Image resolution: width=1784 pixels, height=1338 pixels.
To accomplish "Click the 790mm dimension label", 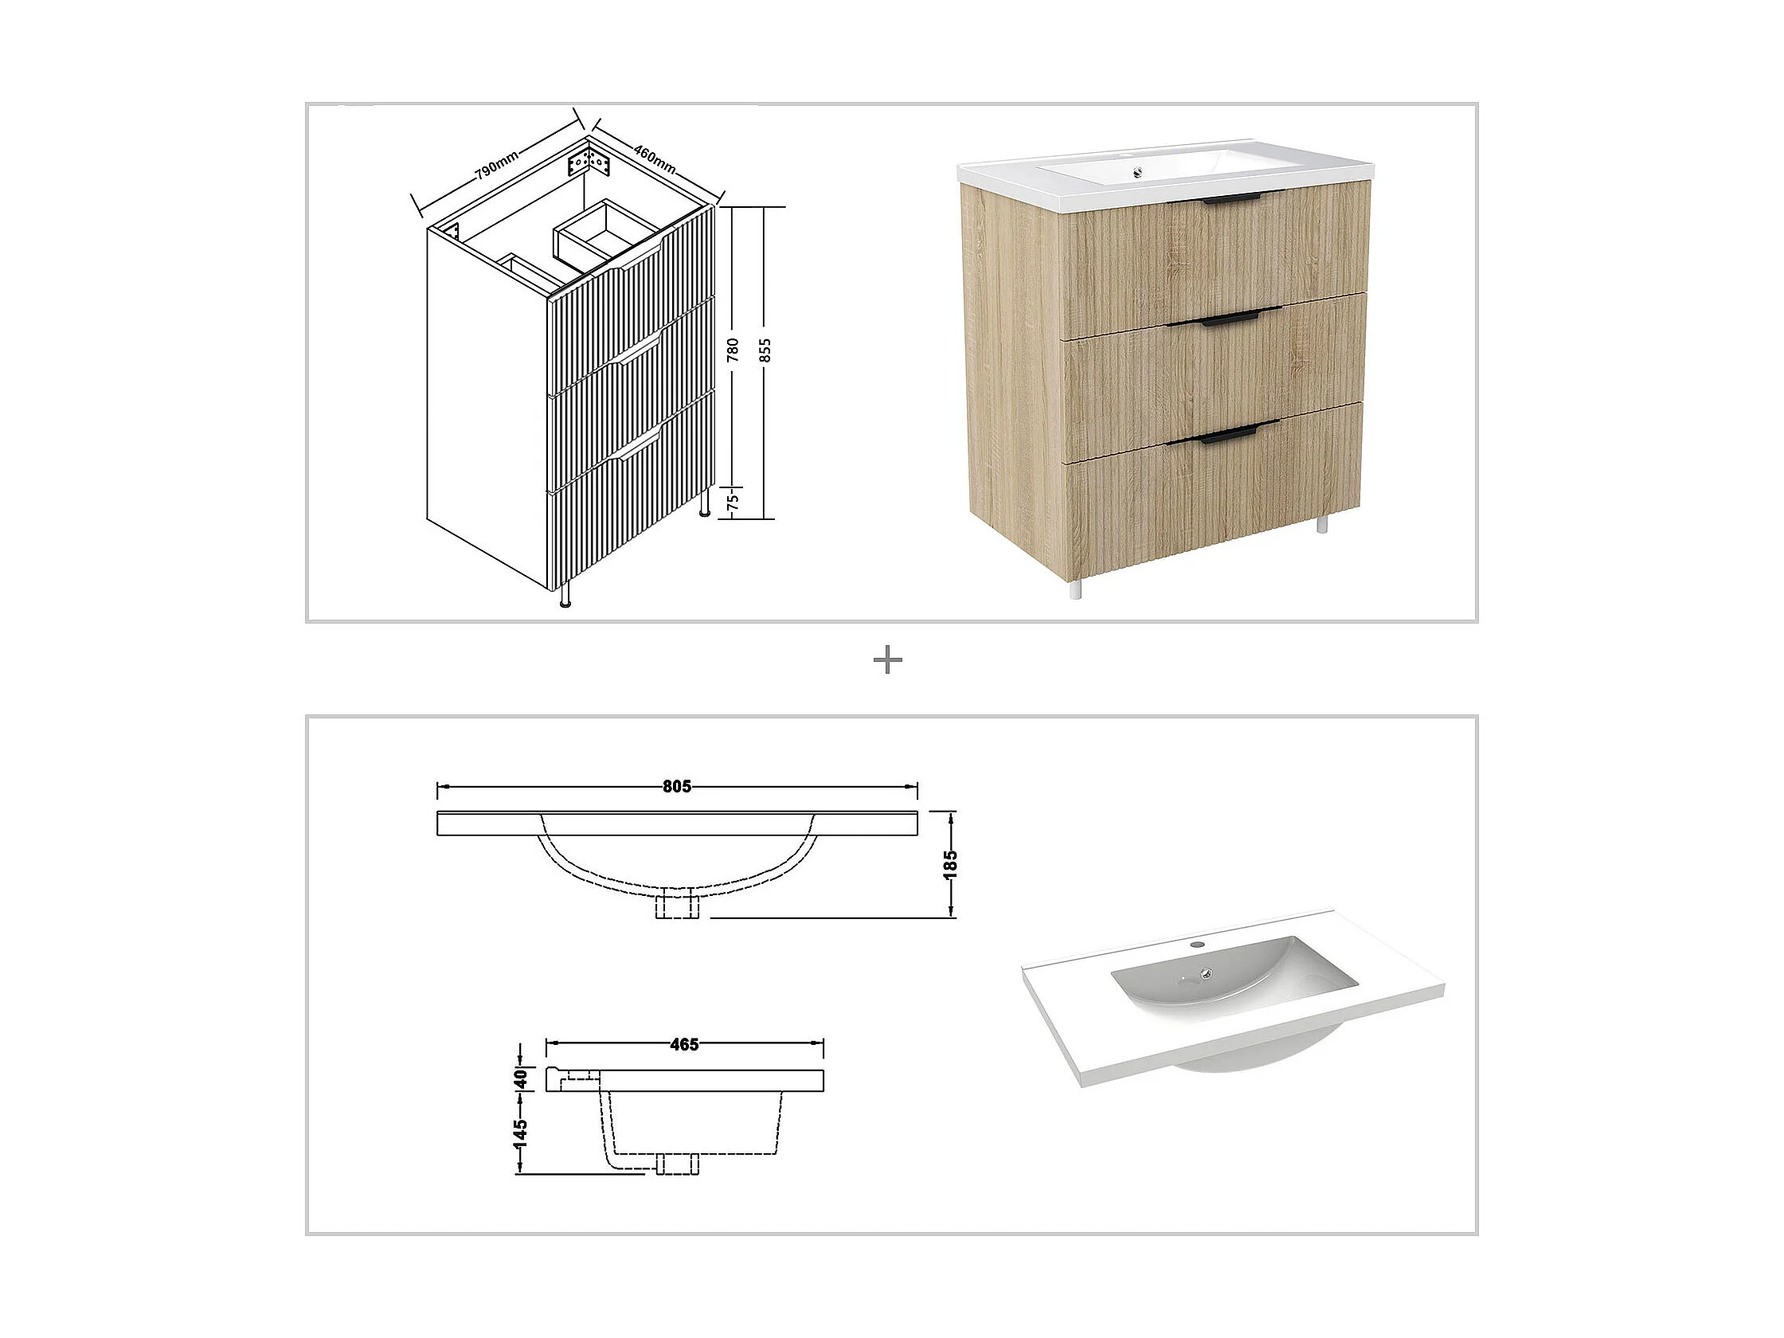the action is pos(497,164).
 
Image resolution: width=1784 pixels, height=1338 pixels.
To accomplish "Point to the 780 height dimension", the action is pos(734,349).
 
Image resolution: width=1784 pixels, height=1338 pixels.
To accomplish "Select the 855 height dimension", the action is pos(766,350).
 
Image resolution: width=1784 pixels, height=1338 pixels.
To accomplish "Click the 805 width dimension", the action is pos(677,786).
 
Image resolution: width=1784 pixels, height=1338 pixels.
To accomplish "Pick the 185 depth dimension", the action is pos(951,864).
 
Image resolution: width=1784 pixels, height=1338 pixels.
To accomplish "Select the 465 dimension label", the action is pos(684,1044).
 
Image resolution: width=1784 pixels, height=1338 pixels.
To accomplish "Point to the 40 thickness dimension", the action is pos(521,1078).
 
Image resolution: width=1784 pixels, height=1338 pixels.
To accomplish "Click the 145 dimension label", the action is pos(521,1134).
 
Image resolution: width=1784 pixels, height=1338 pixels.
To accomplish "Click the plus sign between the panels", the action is pos(888,661).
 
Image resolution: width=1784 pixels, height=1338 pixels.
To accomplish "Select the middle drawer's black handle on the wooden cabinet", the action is pos(1229,321).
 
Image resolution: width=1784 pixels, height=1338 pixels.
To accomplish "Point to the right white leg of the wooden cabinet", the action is pos(1322,524).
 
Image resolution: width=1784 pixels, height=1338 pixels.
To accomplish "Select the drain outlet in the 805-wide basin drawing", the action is pos(677,905).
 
